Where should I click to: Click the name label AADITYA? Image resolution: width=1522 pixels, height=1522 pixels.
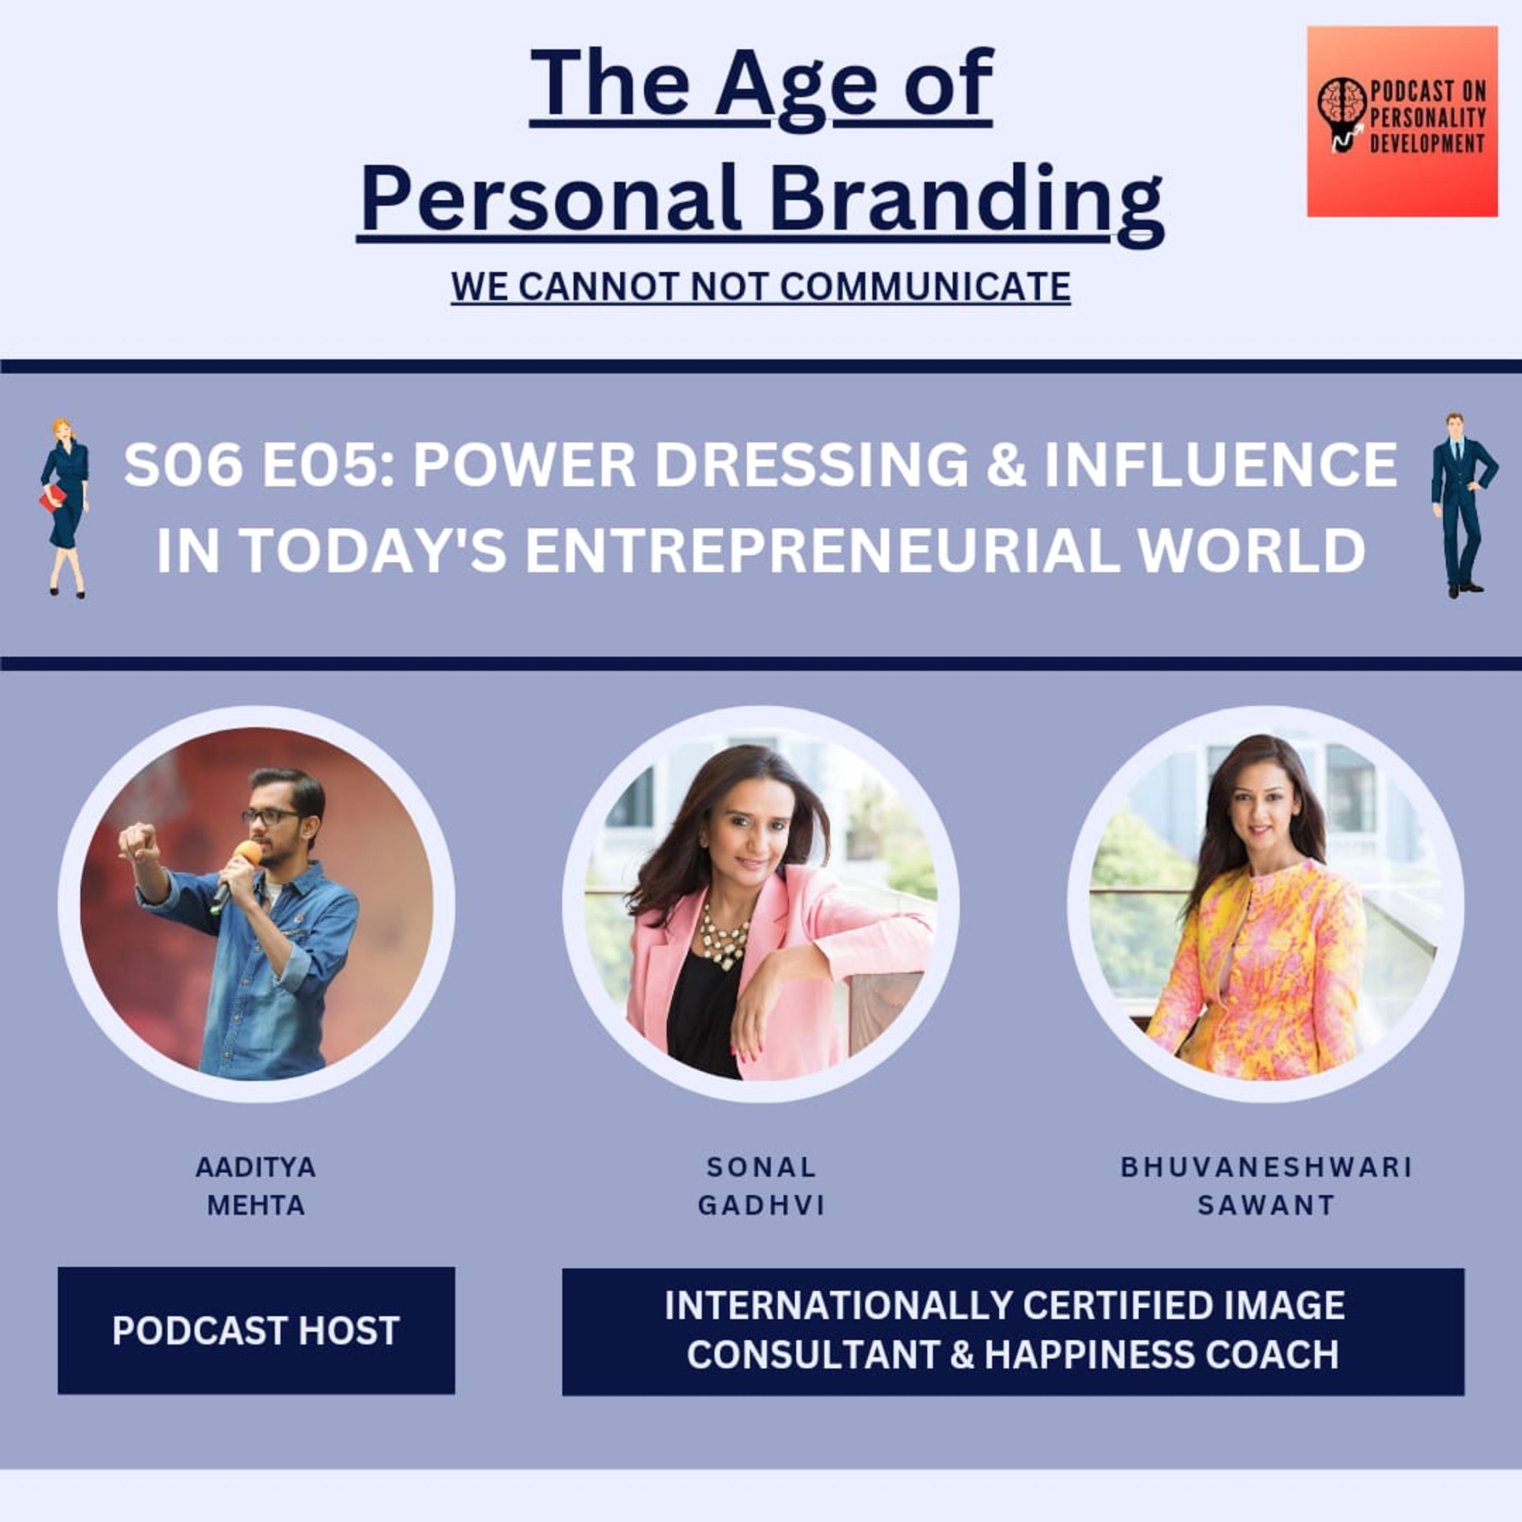tap(256, 1167)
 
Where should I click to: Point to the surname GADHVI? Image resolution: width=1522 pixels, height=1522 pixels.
tap(761, 1205)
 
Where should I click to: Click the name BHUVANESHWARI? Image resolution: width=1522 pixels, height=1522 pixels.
tap(1266, 1167)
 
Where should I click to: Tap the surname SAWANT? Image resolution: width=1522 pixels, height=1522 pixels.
tap(1266, 1205)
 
